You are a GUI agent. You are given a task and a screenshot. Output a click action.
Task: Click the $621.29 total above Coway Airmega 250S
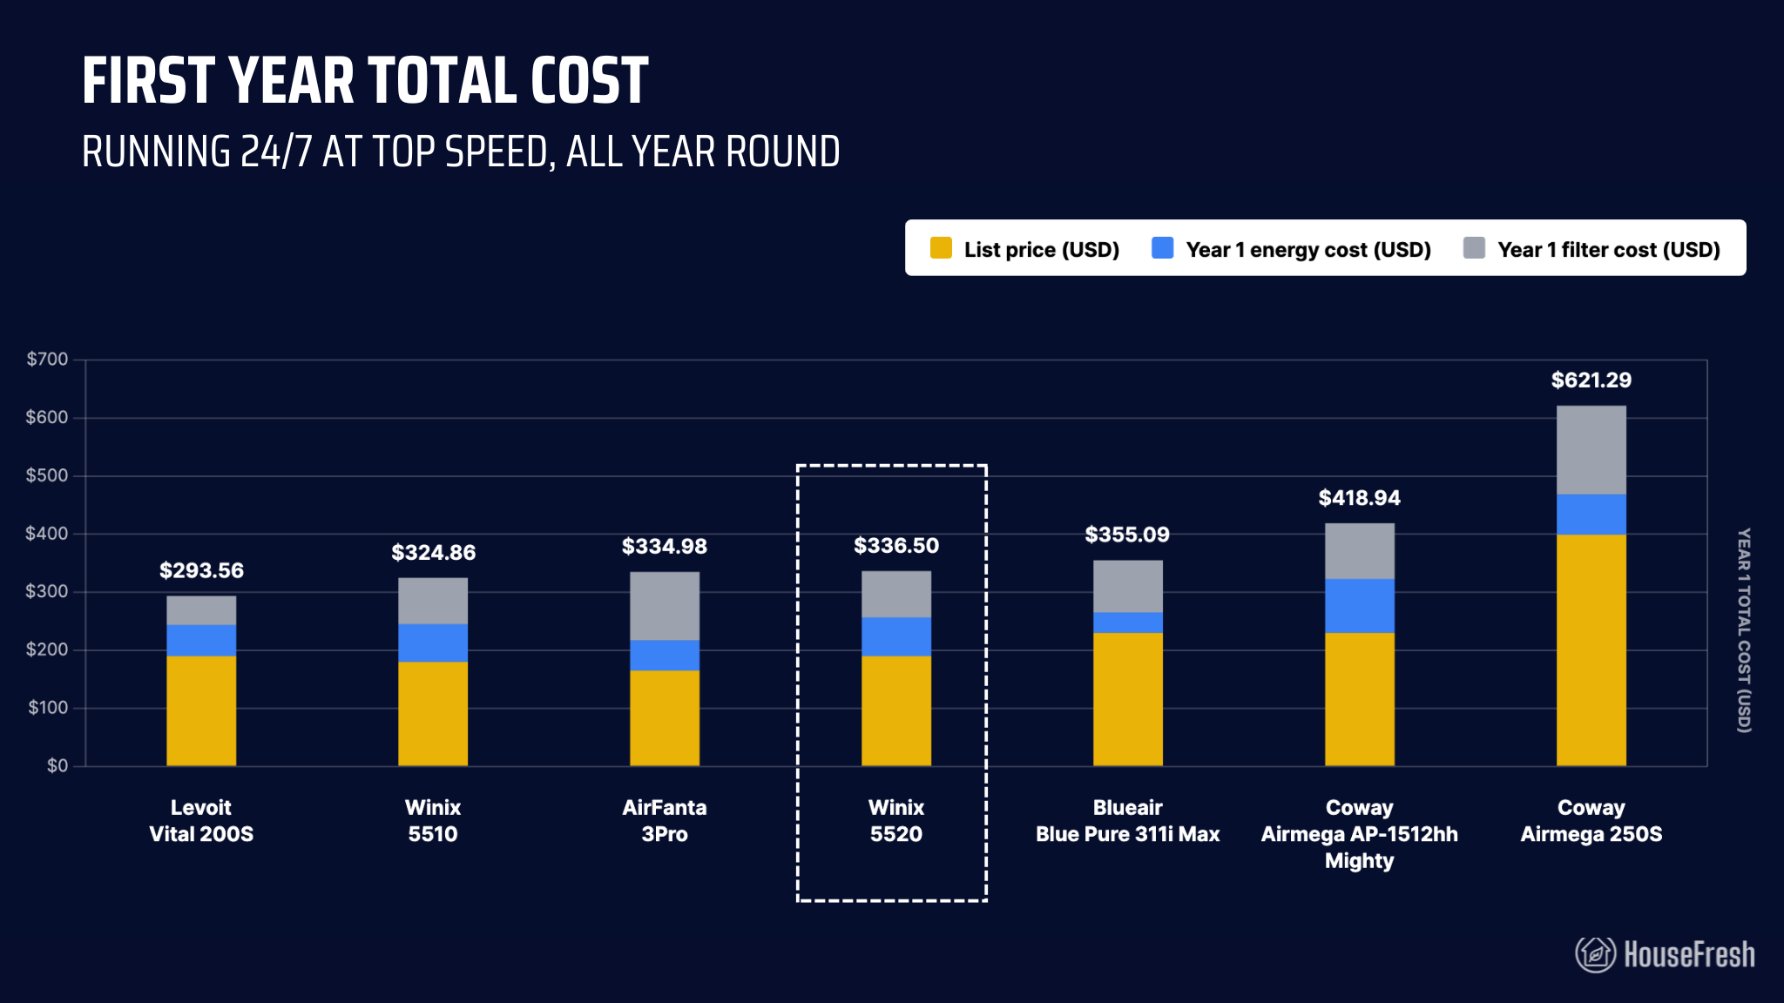click(x=1591, y=380)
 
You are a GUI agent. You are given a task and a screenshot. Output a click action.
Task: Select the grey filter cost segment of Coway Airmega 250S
click(x=1591, y=450)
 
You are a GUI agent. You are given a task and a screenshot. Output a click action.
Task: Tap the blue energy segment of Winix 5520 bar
click(x=895, y=636)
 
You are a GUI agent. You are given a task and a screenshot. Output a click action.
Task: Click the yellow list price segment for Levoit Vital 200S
click(x=201, y=710)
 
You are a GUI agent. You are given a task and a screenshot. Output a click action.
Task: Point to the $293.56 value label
click(x=201, y=571)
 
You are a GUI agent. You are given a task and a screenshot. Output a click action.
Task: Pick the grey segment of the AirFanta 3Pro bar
click(x=665, y=606)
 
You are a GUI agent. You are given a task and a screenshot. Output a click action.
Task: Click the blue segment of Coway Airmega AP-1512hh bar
click(x=1359, y=606)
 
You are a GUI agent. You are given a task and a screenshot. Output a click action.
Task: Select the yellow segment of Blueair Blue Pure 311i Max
click(x=1127, y=699)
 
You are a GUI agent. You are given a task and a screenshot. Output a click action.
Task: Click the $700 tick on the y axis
click(x=47, y=360)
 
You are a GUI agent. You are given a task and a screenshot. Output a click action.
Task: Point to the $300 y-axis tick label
click(x=47, y=592)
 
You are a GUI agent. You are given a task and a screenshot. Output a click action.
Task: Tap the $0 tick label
click(x=57, y=766)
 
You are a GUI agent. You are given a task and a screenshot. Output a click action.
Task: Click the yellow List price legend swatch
click(x=941, y=248)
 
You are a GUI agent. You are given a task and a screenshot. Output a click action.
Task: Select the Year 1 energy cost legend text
click(x=1308, y=250)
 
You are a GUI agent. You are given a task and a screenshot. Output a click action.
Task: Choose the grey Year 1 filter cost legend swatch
click(x=1474, y=248)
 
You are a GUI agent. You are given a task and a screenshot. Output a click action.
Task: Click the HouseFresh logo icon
click(x=1594, y=954)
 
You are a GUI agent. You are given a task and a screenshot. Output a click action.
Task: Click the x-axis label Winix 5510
click(x=433, y=820)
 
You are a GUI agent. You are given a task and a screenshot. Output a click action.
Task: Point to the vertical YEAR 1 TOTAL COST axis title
click(x=1743, y=629)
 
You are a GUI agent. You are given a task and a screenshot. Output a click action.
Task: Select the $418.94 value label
click(x=1359, y=498)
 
